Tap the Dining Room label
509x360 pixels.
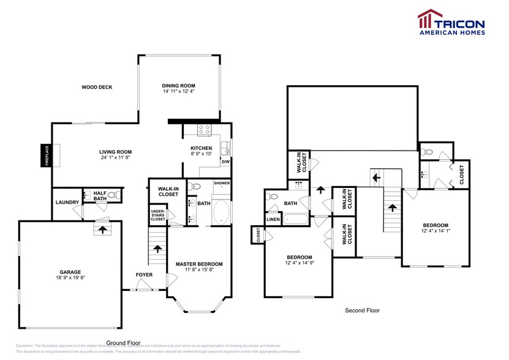(x=178, y=85)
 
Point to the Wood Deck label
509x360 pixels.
(x=97, y=87)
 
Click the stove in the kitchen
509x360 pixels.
(x=204, y=129)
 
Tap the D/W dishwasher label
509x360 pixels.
(x=225, y=162)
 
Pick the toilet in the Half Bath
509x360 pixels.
(x=113, y=195)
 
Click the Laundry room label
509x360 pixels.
(x=66, y=202)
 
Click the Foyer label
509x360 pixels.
(x=144, y=274)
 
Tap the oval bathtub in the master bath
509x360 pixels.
(x=221, y=214)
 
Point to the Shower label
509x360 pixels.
(x=222, y=182)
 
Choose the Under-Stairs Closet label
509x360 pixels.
(x=158, y=215)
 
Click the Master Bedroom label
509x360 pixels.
(x=199, y=264)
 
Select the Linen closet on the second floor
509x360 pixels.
(x=273, y=219)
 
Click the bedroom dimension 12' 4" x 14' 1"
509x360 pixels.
(x=435, y=231)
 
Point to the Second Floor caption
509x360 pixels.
(x=362, y=310)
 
